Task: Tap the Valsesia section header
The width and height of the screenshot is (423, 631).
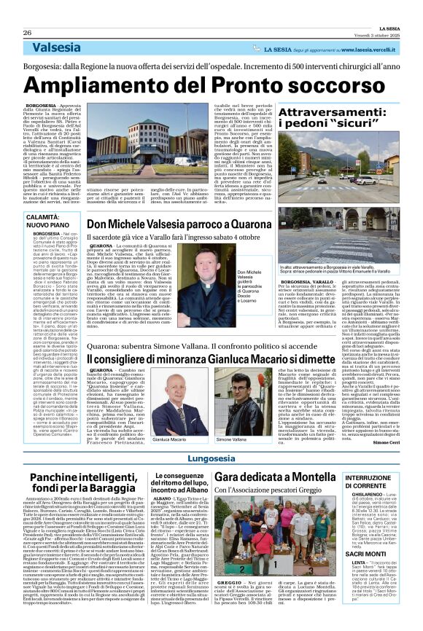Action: pyautogui.click(x=57, y=47)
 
